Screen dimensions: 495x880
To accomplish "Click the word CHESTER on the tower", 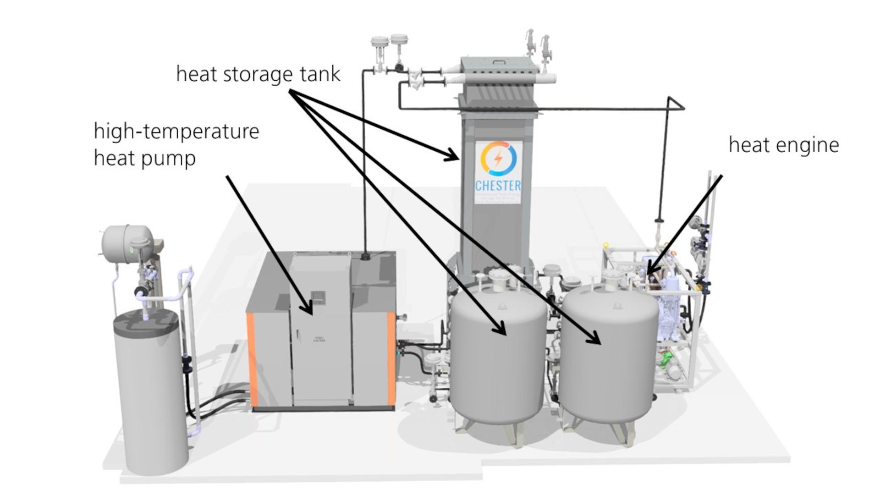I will pos(498,186).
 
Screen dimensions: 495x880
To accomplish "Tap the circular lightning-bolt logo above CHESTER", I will pos(498,158).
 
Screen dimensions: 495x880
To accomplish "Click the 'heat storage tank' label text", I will pos(258,74).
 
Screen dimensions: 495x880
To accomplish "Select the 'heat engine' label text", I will pos(784,145).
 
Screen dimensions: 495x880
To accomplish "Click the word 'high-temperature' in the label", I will pos(176,132).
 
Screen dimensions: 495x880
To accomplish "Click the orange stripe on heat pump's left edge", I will pos(251,360).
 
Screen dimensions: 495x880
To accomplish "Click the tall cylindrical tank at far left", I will pos(151,390).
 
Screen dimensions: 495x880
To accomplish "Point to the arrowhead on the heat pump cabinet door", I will pos(309,309).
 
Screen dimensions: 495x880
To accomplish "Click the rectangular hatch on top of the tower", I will pos(498,62).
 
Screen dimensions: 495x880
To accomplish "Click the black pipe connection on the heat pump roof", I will pos(366,255).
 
